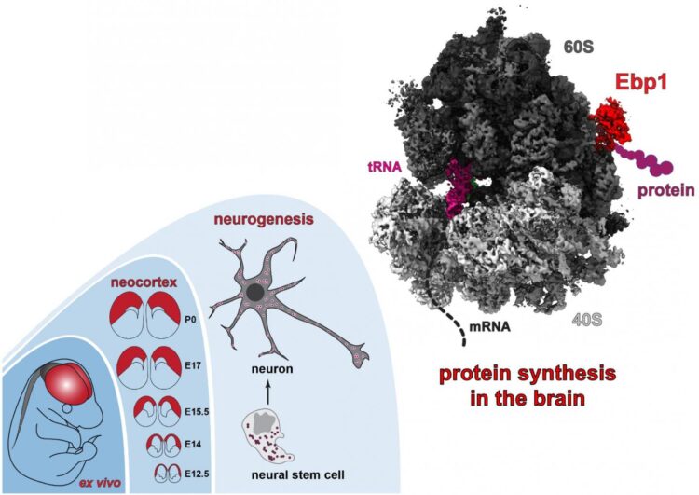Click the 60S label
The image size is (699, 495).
578,47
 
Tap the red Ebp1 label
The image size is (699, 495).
641,82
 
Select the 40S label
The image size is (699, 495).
586,320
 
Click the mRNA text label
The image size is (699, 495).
490,327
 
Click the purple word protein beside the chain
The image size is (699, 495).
666,190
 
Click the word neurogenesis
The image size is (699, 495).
264,219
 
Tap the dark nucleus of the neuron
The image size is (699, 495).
254,293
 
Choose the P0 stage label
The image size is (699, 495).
190,320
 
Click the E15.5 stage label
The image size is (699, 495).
197,412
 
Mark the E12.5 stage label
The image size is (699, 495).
197,474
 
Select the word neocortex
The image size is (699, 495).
144,282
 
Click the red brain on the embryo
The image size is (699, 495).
68,384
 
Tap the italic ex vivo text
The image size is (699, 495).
101,483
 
